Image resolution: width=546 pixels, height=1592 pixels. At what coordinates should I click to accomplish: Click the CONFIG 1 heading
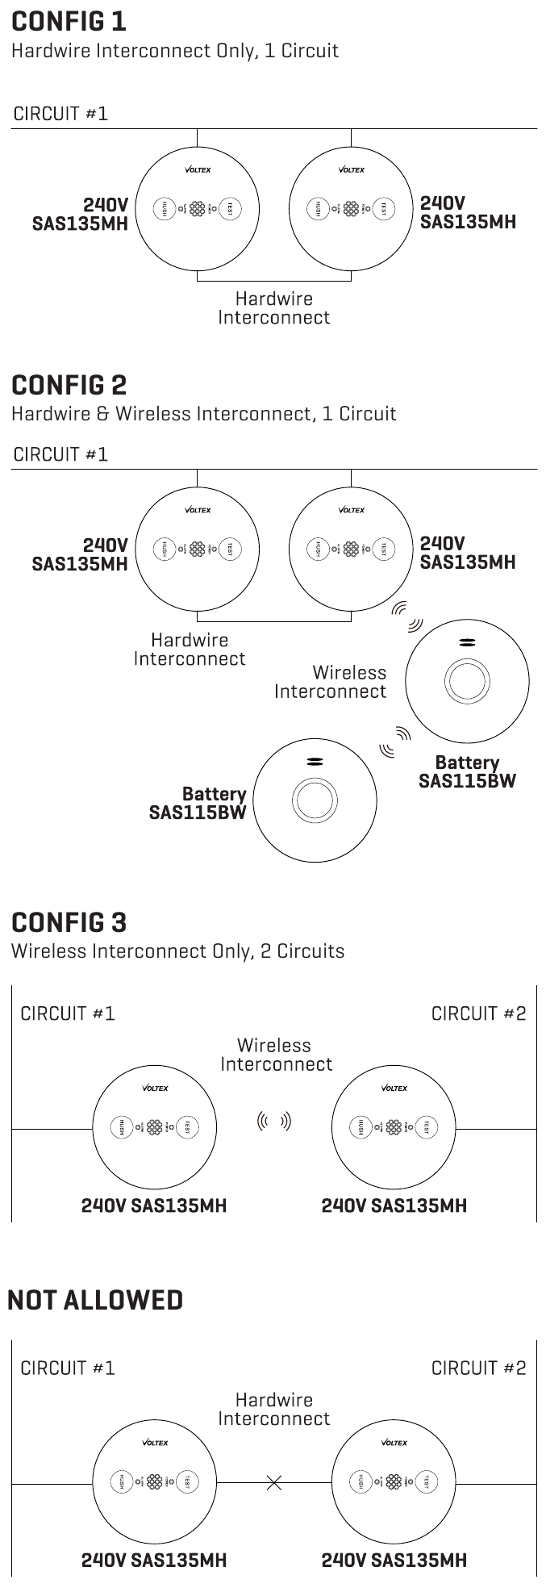pyautogui.click(x=69, y=21)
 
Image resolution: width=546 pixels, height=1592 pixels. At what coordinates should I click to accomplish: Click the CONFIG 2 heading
pyautogui.click(x=69, y=384)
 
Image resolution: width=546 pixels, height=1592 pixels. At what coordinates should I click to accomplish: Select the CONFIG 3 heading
pyautogui.click(x=69, y=921)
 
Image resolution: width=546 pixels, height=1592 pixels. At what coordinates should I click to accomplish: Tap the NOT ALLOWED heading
pyautogui.click(x=95, y=1300)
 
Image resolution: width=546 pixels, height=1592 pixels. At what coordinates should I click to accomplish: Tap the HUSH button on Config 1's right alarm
pyautogui.click(x=318, y=208)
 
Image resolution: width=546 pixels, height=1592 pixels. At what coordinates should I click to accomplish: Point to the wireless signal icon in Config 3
pyautogui.click(x=273, y=1121)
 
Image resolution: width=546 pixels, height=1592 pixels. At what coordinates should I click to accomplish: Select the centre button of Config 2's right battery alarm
pyautogui.click(x=467, y=682)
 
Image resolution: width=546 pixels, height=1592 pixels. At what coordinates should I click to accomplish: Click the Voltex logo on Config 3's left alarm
pyautogui.click(x=155, y=1088)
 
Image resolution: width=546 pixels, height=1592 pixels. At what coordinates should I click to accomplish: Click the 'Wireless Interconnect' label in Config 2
pyautogui.click(x=331, y=682)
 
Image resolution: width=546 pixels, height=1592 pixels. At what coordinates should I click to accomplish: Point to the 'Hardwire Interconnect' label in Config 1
pyautogui.click(x=274, y=308)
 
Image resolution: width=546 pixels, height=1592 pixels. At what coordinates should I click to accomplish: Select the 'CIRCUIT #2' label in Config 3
pyautogui.click(x=478, y=1013)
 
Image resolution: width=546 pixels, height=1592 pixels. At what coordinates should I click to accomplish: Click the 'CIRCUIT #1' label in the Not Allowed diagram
pyautogui.click(x=68, y=1368)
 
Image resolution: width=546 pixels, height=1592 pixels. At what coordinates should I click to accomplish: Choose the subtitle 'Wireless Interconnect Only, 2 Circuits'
pyautogui.click(x=177, y=951)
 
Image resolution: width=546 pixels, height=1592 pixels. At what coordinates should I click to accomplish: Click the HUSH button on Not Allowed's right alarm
pyautogui.click(x=361, y=1481)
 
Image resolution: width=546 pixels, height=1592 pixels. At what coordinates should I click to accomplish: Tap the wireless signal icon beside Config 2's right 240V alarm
pyautogui.click(x=406, y=616)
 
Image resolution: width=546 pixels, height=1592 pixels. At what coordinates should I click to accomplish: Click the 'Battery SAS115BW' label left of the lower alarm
pyautogui.click(x=198, y=804)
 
